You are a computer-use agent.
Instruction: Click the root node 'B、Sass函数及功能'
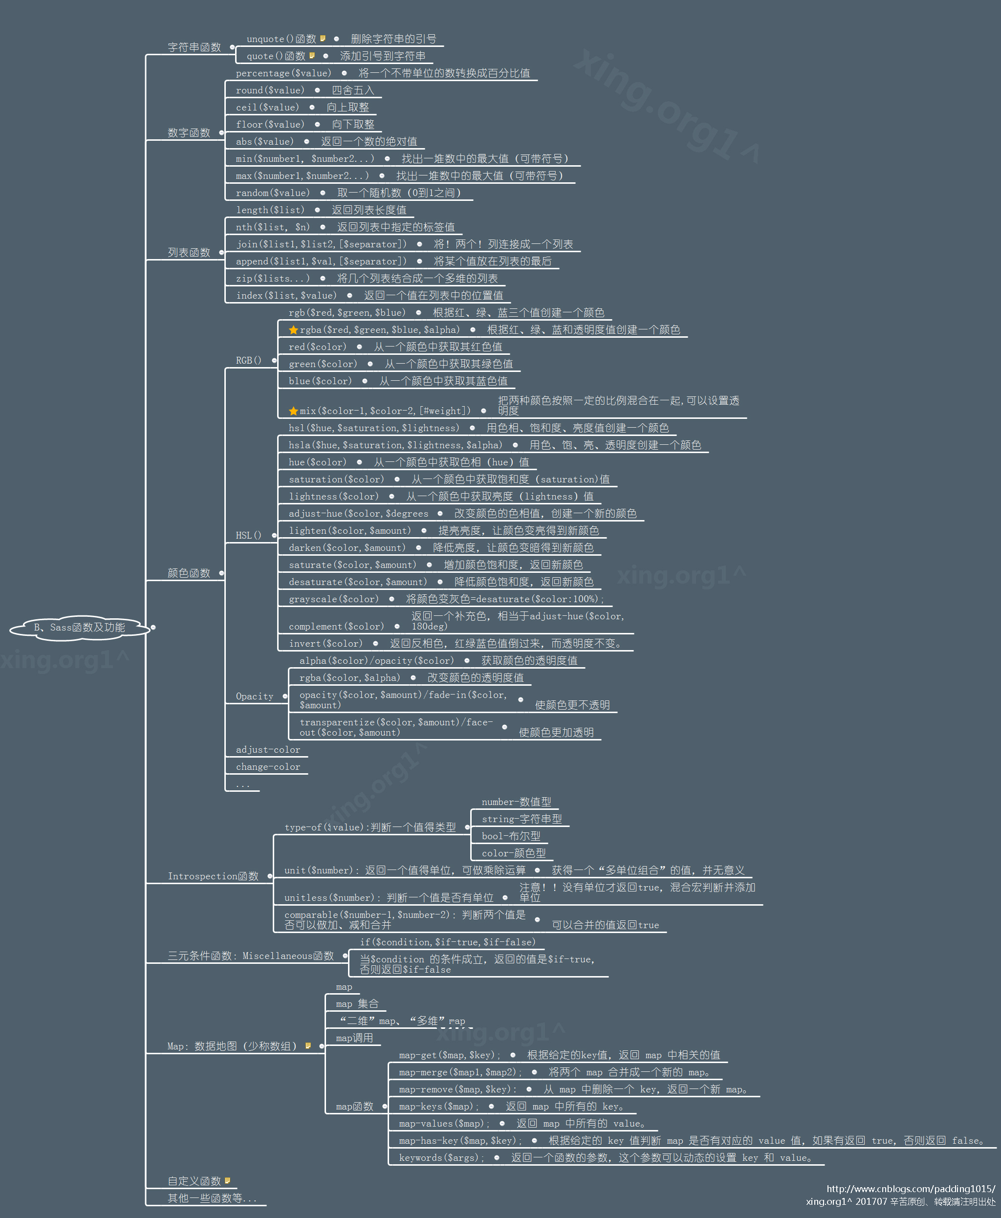79,627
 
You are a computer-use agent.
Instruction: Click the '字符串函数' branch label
195,47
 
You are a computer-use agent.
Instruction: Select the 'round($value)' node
270,90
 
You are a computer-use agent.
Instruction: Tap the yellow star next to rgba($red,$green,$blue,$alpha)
293,330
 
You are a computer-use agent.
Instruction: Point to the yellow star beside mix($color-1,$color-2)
293,411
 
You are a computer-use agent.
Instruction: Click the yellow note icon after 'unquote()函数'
323,39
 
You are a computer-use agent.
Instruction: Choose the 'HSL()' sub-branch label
248,535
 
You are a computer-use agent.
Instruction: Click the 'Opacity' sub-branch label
254,696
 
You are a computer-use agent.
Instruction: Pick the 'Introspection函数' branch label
213,876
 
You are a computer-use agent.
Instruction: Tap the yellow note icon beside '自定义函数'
228,1180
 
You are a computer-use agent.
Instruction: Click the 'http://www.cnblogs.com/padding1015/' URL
911,1189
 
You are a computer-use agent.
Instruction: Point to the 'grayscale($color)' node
334,599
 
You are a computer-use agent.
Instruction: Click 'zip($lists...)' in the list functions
273,279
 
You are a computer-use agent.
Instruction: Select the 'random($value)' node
273,193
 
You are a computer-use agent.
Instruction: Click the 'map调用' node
354,1038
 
